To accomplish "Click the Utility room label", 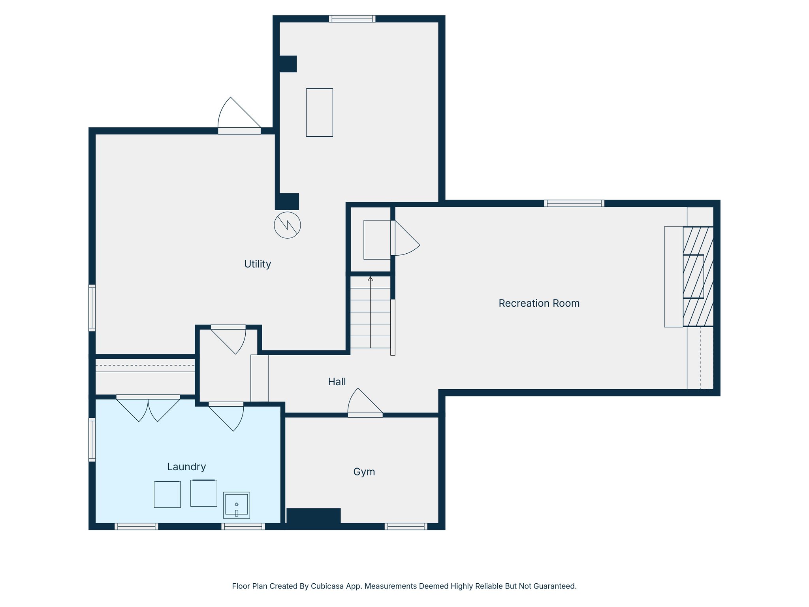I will tap(257, 264).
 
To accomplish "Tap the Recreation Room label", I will tap(539, 303).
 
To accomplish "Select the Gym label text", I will tap(364, 471).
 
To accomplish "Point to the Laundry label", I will tap(186, 467).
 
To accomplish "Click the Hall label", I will tap(337, 382).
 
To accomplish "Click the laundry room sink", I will tap(236, 505).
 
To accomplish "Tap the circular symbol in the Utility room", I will tap(287, 225).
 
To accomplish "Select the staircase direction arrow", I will tap(370, 279).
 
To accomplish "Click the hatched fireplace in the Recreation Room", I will tap(698, 276).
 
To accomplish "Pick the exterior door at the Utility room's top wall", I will tap(239, 131).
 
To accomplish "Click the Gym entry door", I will tap(365, 415).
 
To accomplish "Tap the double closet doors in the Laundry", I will tap(148, 397).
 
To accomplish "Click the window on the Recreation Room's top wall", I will tap(574, 203).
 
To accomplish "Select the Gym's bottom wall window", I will tap(406, 526).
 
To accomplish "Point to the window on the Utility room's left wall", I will tap(92, 307).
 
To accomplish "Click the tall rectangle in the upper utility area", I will tap(319, 113).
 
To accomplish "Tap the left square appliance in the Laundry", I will tap(167, 494).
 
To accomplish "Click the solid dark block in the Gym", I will tap(313, 517).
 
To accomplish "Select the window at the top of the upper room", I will tap(352, 19).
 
